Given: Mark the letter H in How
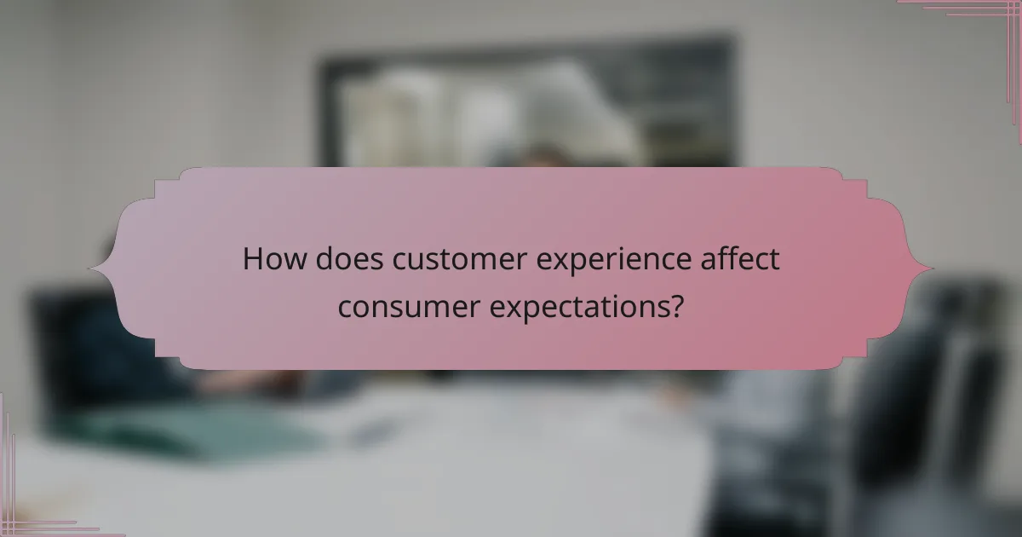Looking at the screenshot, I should (x=252, y=260).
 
